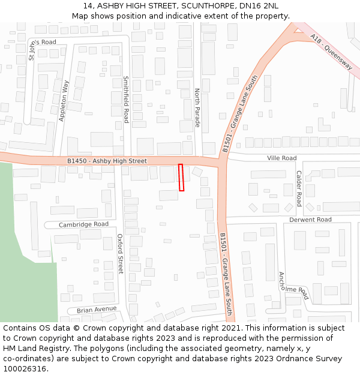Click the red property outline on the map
coord(181,178)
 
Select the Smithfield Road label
coord(126,99)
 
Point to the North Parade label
coord(197,108)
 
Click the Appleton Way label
coord(64,101)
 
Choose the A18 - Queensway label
coord(331,52)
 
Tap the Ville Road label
coord(281,158)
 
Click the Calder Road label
coord(299,188)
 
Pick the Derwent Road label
coord(310,220)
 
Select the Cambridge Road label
coord(83,224)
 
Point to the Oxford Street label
coord(120,254)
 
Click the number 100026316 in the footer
coord(25,368)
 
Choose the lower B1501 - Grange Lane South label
coord(226,273)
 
